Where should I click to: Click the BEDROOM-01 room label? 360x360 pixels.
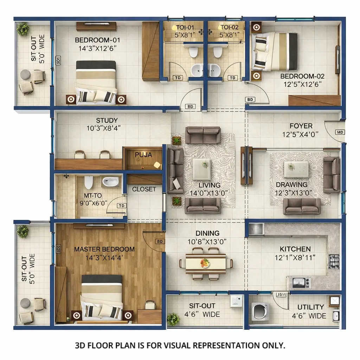pyautogui.click(x=92, y=40)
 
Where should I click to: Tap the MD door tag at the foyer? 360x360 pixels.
pyautogui.click(x=340, y=132)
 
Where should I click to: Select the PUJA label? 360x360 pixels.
pyautogui.click(x=143, y=155)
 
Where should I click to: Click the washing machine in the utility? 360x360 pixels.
pyautogui.click(x=261, y=311)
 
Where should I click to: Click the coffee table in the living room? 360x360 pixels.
pyautogui.click(x=201, y=169)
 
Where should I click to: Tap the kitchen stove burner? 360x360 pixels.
pyautogui.click(x=334, y=261)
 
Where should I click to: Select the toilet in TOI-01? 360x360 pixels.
pyautogui.click(x=193, y=52)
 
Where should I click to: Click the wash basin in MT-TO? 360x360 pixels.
pyautogui.click(x=110, y=181)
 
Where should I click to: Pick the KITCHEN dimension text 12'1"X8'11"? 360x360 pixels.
pyautogui.click(x=295, y=257)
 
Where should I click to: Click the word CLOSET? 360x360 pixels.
pyautogui.click(x=144, y=189)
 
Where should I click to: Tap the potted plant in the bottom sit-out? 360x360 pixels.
pyautogui.click(x=173, y=319)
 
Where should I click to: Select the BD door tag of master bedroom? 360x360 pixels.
pyautogui.click(x=160, y=242)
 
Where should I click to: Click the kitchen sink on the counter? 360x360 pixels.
pyautogui.click(x=299, y=282)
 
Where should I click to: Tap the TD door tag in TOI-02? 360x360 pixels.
pyautogui.click(x=232, y=78)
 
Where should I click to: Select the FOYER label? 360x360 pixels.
pyautogui.click(x=301, y=126)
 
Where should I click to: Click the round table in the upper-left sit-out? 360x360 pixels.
pyautogui.click(x=25, y=74)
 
